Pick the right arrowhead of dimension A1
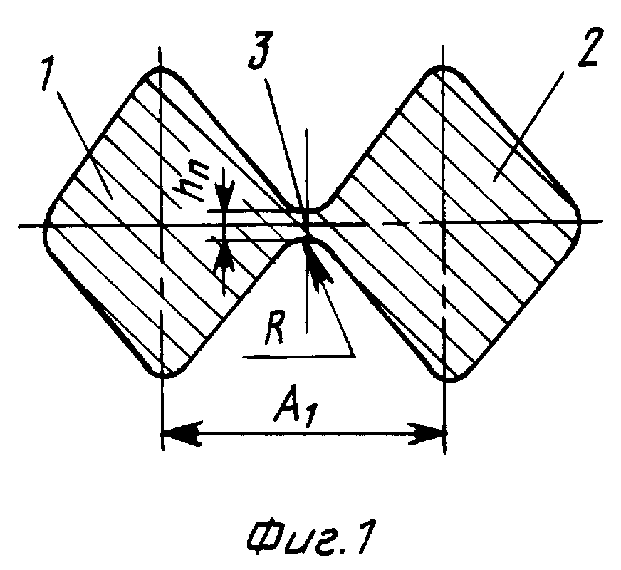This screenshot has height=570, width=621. pos(430,431)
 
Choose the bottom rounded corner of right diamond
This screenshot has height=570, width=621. pos(446,376)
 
